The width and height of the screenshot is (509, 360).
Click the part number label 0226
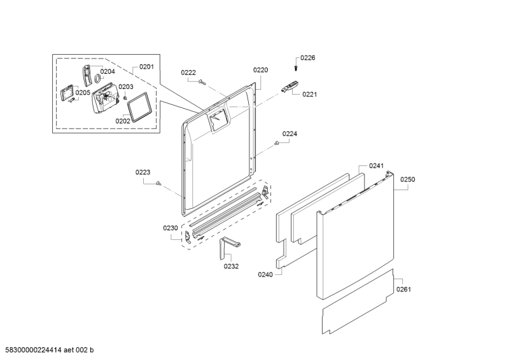coord(307,58)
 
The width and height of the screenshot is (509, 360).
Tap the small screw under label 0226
coord(296,69)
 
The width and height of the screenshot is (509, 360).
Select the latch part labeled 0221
coord(289,87)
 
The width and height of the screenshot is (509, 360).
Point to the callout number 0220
coord(260,70)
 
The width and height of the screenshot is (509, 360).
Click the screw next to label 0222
coord(202,82)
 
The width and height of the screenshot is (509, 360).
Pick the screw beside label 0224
coord(277,142)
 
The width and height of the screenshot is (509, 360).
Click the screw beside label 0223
coord(158,184)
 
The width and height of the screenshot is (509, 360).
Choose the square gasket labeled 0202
coord(139,107)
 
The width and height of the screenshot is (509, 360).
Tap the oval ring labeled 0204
coord(97,78)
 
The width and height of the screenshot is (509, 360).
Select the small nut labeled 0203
coord(125,97)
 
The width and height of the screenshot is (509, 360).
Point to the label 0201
coord(146,67)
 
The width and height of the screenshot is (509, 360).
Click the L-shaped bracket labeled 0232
coord(228,246)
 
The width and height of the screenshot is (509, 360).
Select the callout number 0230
coord(170,228)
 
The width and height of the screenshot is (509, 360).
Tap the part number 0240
coord(265,275)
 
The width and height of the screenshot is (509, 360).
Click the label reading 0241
coord(376,166)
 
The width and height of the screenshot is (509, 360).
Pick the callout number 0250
coord(407,179)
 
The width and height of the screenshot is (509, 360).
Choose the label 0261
coord(403,289)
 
